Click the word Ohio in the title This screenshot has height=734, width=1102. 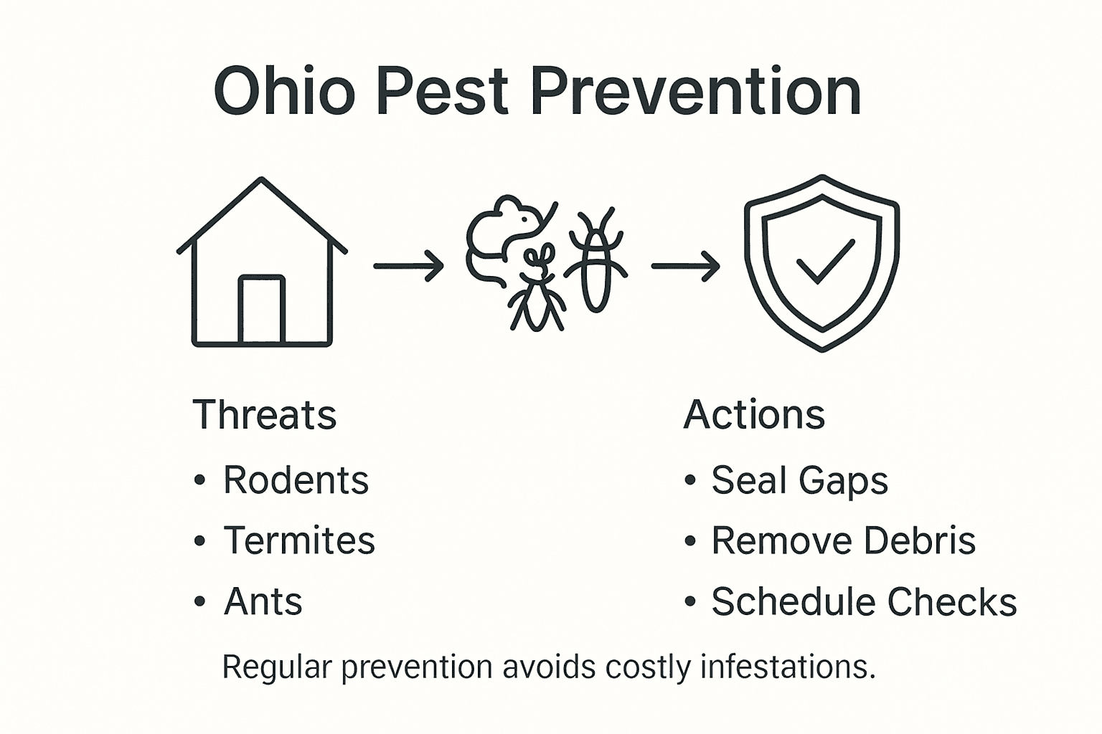tap(284, 92)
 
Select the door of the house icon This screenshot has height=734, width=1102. tap(262, 310)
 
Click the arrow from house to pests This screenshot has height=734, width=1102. tap(408, 266)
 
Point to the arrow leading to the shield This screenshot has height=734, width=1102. tap(685, 266)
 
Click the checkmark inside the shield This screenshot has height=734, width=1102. tap(825, 261)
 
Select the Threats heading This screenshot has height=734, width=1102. tap(265, 415)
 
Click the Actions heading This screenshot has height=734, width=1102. tap(754, 415)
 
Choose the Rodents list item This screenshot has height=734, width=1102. tap(296, 480)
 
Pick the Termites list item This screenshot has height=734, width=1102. tap(299, 540)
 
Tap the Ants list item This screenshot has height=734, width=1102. tap(263, 601)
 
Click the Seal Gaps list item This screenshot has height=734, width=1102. tap(799, 480)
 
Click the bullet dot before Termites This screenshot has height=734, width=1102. tap(199, 541)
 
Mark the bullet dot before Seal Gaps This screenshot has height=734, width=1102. tap(690, 480)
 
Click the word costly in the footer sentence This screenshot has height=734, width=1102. tap(647, 667)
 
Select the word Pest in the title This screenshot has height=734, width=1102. tap(443, 92)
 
